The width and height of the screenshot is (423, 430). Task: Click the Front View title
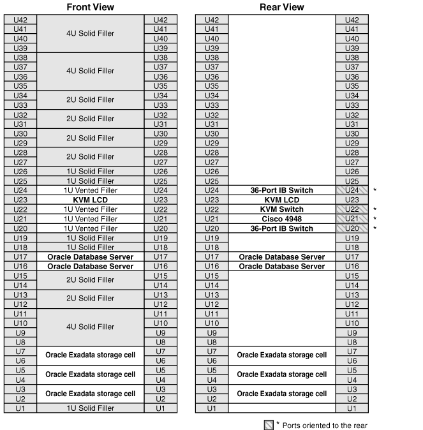click(x=91, y=7)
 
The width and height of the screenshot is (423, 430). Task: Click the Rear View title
click(x=282, y=7)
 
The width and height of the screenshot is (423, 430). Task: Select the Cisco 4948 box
click(x=282, y=219)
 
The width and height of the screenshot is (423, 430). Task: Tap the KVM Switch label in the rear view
click(x=282, y=209)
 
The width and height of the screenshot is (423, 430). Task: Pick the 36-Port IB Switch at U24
click(x=282, y=190)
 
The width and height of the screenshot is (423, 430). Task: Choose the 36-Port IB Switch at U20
click(x=282, y=228)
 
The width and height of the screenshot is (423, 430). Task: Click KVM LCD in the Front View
click(x=91, y=200)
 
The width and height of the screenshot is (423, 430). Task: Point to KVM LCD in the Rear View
click(x=282, y=200)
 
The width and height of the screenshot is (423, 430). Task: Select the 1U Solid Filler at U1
click(x=91, y=408)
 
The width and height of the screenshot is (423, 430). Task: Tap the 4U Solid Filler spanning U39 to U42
click(x=91, y=33)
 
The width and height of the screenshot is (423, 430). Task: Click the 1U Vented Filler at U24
click(x=91, y=190)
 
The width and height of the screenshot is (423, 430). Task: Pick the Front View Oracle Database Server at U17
click(x=91, y=256)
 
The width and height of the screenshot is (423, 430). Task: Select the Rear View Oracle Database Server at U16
click(x=282, y=266)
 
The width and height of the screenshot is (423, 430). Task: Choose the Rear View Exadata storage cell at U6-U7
click(x=282, y=355)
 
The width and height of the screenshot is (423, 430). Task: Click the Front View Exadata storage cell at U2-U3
click(x=91, y=394)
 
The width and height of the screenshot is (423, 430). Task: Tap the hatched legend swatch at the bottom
click(x=269, y=424)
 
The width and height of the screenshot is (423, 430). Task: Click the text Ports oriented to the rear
click(x=325, y=425)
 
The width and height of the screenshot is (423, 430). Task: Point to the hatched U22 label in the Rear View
click(x=352, y=209)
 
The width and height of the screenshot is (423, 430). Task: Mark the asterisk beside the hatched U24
click(x=375, y=190)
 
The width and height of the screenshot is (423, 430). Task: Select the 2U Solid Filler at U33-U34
click(x=91, y=100)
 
